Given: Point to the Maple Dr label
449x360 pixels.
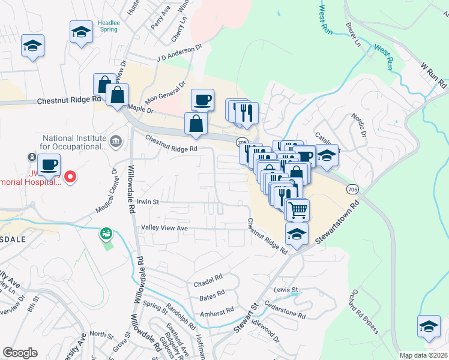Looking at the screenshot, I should [141, 109].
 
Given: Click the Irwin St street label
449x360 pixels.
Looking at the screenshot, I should [146, 202].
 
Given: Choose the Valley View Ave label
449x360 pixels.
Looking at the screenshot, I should [164, 228].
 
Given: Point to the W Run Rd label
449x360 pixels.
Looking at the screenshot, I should [433, 72].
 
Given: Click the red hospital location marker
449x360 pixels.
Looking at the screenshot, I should [70, 176].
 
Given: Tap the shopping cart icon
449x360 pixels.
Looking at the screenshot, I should [297, 210].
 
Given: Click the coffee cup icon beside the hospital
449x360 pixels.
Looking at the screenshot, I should [49, 164].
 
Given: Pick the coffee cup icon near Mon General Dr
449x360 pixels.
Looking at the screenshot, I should [202, 100].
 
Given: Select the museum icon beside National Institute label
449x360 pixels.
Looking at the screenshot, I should [116, 142].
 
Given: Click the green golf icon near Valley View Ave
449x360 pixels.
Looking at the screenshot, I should [106, 232].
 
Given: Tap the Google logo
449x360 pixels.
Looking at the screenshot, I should [20, 353].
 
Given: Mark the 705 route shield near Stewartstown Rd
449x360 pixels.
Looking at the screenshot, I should [353, 189].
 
